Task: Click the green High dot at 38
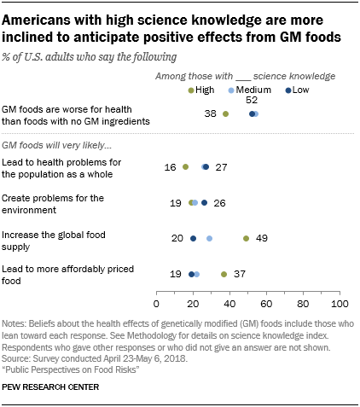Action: (226, 113)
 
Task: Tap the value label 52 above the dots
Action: (252, 101)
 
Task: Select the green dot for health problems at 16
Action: (186, 167)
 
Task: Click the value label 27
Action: (222, 167)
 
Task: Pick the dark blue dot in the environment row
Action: (204, 203)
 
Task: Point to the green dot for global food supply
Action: (246, 239)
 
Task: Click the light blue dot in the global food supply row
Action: (210, 239)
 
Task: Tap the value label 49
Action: (263, 239)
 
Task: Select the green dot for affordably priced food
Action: (224, 275)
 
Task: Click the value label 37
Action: (241, 275)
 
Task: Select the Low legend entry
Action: (299, 89)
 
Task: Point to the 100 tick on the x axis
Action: (340, 303)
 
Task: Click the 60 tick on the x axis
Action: (266, 303)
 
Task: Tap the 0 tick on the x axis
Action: (157, 303)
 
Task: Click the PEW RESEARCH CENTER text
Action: (51, 387)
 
